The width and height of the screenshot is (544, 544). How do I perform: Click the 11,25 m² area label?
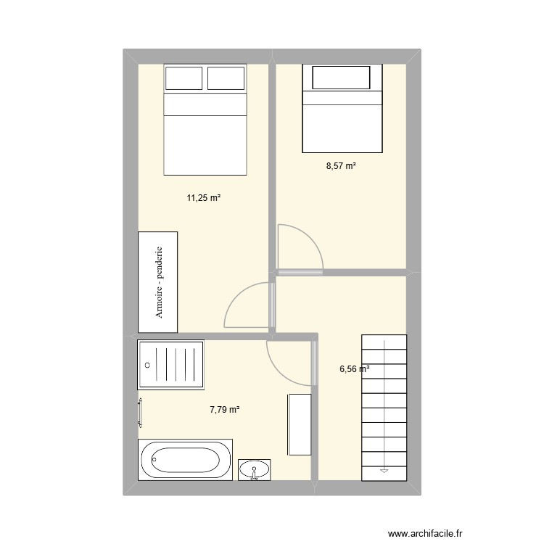204,197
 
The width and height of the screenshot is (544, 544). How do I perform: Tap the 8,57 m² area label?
341,166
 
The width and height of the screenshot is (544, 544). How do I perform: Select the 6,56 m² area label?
355,368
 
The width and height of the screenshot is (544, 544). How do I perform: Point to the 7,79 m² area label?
225,410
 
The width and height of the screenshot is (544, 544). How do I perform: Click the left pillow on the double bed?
184,78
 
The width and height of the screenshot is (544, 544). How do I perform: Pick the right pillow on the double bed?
227,78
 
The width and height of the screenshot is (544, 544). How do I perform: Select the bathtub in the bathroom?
186,460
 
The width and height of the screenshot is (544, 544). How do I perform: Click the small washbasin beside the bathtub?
255,469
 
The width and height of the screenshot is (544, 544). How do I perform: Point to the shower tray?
170,366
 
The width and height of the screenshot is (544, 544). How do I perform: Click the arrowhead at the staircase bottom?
384,471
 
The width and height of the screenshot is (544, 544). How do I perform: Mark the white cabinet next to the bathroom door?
300,424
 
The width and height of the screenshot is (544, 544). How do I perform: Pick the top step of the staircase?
384,341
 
